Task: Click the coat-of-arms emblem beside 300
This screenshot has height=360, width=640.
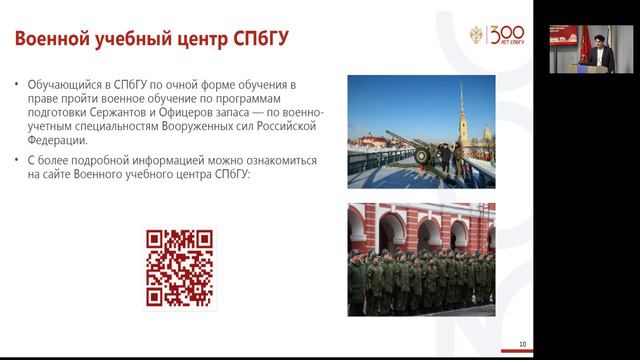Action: point(477,39)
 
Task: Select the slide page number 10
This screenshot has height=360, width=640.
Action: point(523,345)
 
